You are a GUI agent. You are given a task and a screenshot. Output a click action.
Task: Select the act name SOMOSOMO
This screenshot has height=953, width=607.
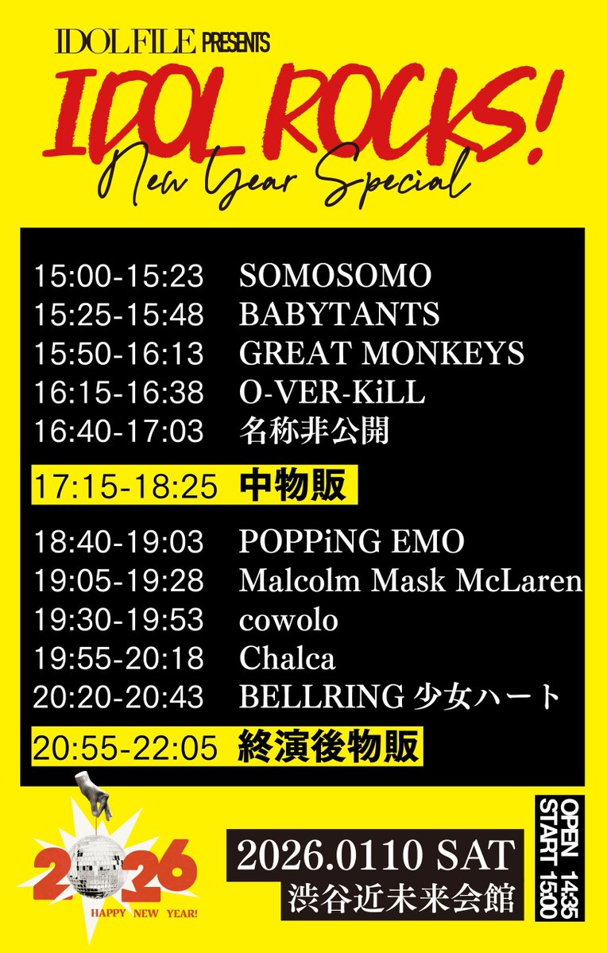tap(335, 276)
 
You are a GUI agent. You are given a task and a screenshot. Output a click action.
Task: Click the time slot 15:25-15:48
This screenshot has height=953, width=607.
tap(118, 314)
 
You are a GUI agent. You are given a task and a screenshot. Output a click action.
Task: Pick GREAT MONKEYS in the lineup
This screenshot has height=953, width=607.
tap(381, 352)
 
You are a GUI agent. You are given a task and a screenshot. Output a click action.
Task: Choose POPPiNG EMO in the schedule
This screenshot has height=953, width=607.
tap(352, 542)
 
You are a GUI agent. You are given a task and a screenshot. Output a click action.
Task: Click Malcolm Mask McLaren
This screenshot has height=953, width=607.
tap(411, 581)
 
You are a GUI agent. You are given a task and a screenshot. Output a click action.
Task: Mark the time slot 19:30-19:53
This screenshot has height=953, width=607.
tap(118, 620)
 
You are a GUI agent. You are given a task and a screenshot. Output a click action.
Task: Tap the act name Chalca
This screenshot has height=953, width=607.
tap(288, 658)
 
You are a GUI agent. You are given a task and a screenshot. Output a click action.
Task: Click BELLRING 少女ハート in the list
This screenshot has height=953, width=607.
tap(400, 697)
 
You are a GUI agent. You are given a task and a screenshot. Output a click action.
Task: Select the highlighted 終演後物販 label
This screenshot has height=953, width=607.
tap(328, 747)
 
